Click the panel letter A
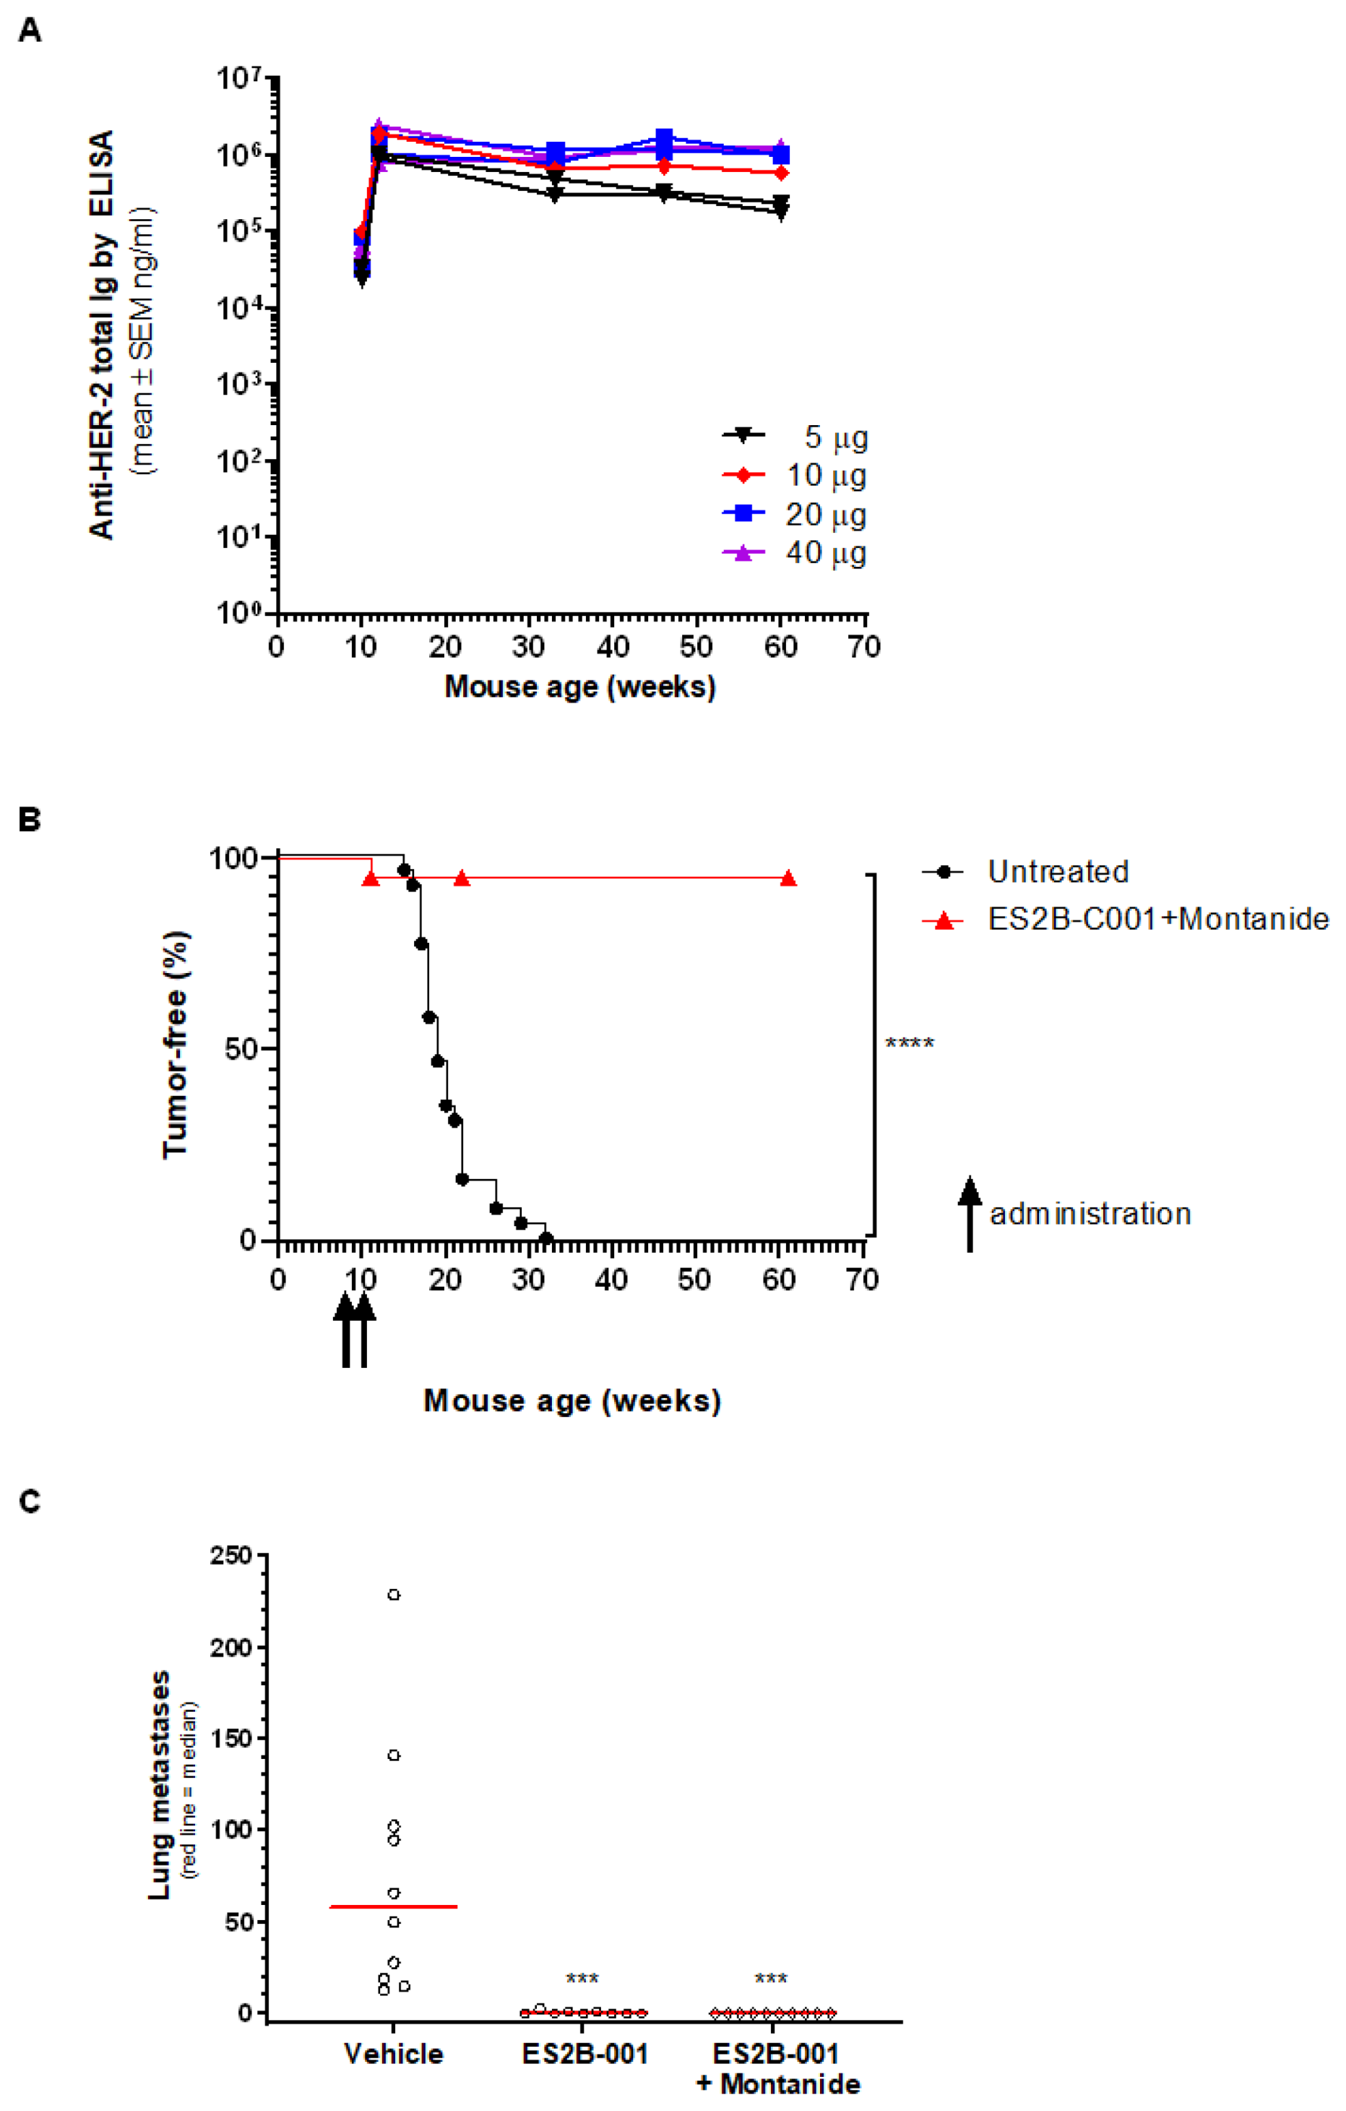coord(29,30)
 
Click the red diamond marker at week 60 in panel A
coord(781,173)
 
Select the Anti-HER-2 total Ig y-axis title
coord(102,333)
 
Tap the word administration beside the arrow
coord(1090,1214)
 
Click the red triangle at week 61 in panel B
coord(789,878)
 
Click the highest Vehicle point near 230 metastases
coord(394,1595)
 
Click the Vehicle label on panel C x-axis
coord(394,2054)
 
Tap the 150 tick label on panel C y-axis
coord(230,1739)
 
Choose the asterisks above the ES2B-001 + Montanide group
coord(771,1979)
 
